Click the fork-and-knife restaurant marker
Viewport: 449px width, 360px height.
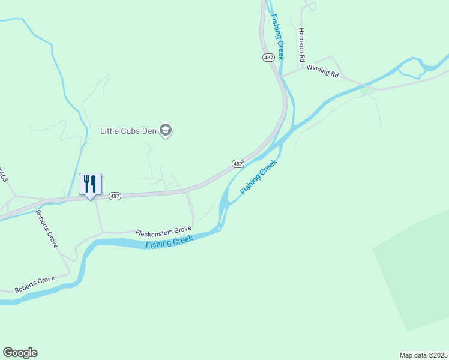(x=91, y=184)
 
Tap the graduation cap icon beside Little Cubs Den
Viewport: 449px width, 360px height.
(x=166, y=130)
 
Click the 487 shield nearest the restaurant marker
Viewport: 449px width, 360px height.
(x=115, y=196)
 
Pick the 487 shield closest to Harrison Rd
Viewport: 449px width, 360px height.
(x=268, y=57)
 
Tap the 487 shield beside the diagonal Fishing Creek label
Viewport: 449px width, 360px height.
(x=238, y=163)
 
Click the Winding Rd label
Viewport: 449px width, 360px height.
(x=323, y=71)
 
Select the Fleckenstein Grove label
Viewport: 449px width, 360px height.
(x=163, y=230)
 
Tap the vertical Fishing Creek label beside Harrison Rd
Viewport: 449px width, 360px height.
(x=278, y=37)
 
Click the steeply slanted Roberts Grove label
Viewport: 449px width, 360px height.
(x=46, y=229)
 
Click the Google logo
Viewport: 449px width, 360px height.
(x=20, y=353)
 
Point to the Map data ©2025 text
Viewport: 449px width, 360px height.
(x=423, y=355)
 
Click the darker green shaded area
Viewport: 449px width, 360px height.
(x=414, y=270)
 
